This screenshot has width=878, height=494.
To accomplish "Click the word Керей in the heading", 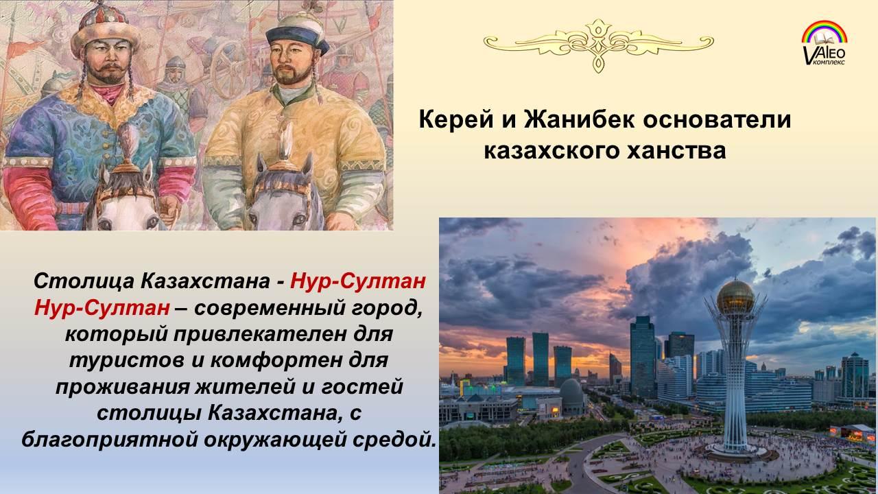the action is pos(456,119).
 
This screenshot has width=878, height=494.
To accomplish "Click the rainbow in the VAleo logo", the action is pos(824,32).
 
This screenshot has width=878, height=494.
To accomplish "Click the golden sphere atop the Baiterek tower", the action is pos(735,297).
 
